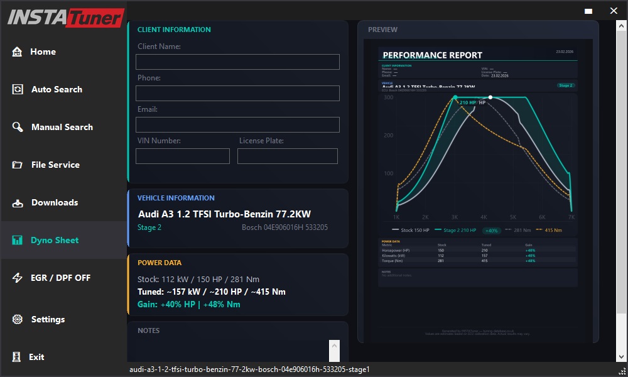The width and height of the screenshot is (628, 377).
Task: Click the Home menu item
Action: (43, 52)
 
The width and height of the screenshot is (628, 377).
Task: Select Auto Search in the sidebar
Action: (57, 89)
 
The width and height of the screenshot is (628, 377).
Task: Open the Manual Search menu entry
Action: (62, 127)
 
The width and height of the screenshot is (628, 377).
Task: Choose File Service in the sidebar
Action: (55, 165)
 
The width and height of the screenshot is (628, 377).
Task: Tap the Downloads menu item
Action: (55, 202)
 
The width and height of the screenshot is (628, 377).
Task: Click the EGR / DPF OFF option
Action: (60, 278)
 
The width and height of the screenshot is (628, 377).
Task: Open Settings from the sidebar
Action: (48, 319)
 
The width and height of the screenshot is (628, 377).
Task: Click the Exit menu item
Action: (36, 357)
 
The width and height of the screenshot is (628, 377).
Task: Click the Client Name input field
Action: (237, 62)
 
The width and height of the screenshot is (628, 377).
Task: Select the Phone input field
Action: (237, 93)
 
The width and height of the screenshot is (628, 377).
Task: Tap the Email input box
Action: (237, 124)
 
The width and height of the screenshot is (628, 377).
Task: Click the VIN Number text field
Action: (183, 156)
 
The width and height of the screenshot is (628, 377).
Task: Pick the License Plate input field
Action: (288, 156)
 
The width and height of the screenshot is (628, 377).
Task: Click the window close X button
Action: (614, 11)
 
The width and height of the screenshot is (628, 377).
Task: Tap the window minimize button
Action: (588, 11)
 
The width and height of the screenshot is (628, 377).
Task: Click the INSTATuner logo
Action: (65, 17)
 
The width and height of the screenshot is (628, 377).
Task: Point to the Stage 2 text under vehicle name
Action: (149, 227)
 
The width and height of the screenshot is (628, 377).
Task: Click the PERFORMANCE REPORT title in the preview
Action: (433, 55)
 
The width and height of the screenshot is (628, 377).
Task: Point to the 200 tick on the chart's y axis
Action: (389, 135)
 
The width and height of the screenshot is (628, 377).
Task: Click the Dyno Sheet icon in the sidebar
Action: (18, 240)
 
